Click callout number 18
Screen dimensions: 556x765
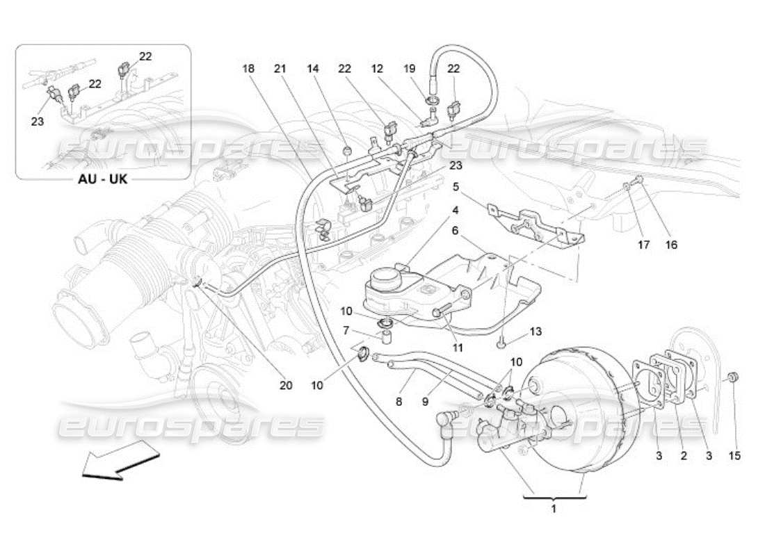249,68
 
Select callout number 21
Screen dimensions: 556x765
280,68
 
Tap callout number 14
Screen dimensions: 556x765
314,68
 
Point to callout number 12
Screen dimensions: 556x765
377,68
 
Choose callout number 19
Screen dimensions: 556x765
409,68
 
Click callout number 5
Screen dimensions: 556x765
456,186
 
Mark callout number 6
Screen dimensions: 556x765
456,230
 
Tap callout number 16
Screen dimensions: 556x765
671,244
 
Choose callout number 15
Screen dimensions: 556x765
735,456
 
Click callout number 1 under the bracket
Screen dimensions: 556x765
554,509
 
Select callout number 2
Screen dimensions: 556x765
683,456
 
